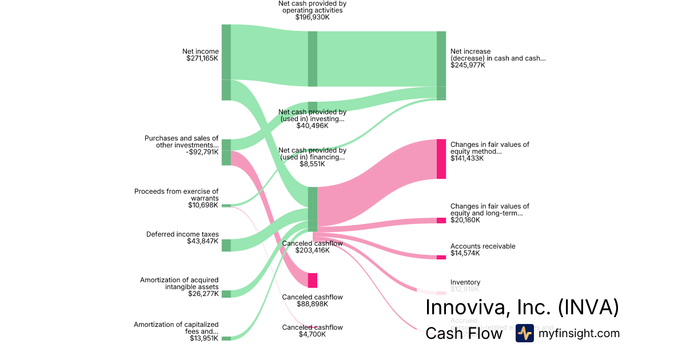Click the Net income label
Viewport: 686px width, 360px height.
pos(200,51)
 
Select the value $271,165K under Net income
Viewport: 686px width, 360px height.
pos(202,58)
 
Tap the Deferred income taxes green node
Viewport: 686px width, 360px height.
pos(226,245)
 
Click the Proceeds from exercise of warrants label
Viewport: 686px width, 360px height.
pos(176,195)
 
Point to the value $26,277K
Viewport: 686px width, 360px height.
pos(203,294)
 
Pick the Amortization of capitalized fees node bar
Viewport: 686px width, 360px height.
pos(226,338)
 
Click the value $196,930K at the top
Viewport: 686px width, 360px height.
pos(312,17)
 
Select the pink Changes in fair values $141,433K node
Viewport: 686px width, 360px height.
pos(441,159)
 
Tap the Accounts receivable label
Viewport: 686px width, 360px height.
pos(482,246)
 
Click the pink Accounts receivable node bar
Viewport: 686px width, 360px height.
pos(441,257)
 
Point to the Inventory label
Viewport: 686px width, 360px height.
pos(465,282)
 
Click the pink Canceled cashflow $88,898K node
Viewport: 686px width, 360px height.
pos(312,280)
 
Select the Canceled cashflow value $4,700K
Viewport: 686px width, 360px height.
pos(312,334)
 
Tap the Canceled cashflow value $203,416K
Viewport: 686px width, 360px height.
pos(312,250)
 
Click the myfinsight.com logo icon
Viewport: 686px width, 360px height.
pos(524,333)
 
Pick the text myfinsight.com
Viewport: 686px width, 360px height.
pos(579,333)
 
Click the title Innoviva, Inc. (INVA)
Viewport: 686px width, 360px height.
pos(522,307)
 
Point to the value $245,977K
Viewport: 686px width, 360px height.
pos(468,65)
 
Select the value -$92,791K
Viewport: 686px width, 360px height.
pos(202,152)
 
